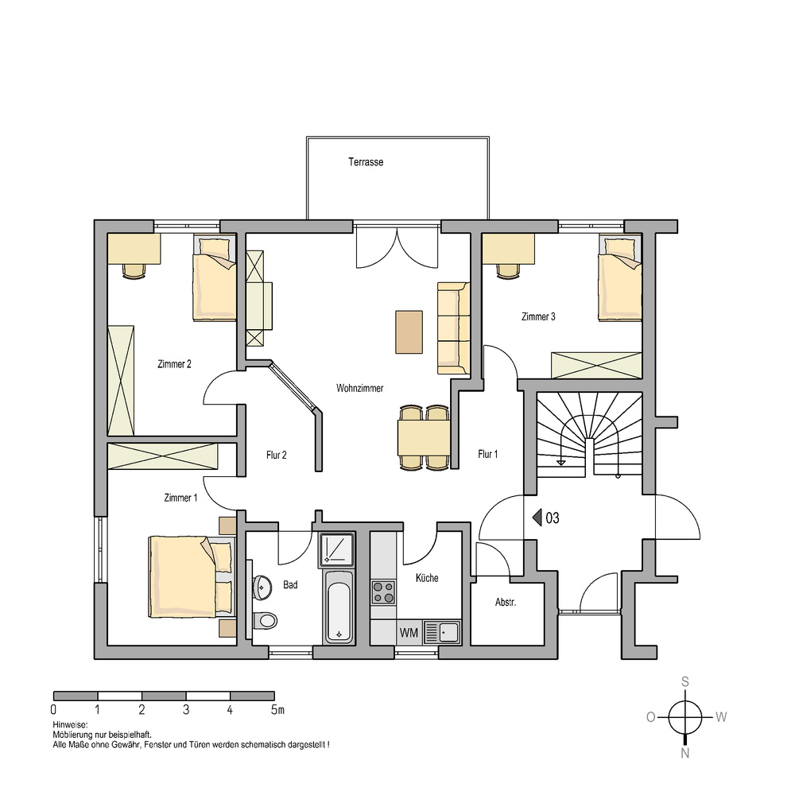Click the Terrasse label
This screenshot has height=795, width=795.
pos(366,162)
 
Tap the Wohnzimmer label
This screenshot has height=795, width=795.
pos(359,389)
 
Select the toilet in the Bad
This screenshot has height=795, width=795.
pos(265,620)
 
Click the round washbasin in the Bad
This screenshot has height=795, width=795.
pos(262,588)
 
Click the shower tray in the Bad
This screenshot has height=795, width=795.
pos(336,549)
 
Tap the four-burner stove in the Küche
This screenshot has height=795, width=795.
pos(383,592)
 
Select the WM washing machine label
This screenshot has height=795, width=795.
pos(409,633)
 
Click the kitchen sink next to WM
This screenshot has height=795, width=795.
pos(442,632)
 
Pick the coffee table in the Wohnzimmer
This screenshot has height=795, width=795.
pos(409,332)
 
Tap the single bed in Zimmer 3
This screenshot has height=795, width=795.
pos(620,277)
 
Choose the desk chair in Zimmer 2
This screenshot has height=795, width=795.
pos(134,271)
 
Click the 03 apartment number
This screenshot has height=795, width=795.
pos(553,518)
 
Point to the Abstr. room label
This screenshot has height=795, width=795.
pos(506,603)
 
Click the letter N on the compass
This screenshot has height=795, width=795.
pos(685,754)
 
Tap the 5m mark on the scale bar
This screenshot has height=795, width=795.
pos(277,710)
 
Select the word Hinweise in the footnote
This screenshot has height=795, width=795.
pos(70,725)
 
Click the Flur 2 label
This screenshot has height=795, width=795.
pos(277,456)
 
